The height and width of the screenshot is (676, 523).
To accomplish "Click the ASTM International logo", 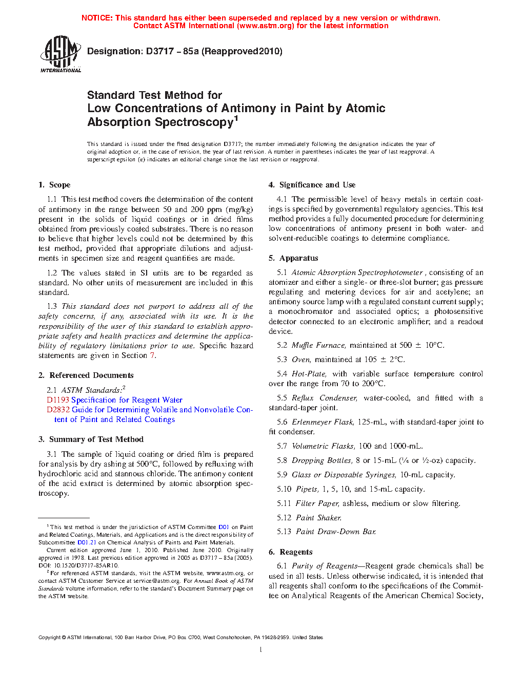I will coord(61,54).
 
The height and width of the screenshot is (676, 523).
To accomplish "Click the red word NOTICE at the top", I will coord(97,18).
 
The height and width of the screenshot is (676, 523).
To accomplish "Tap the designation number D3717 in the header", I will coord(159,51).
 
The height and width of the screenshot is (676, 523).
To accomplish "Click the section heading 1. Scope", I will coord(54,185).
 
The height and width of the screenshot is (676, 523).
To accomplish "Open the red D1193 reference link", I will coord(57,400).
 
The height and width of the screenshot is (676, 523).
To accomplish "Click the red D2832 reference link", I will coord(58,410).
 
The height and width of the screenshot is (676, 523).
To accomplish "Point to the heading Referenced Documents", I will coord(91,375).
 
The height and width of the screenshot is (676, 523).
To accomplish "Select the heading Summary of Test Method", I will coord(96,439).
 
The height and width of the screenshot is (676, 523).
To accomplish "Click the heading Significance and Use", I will coord(317,185).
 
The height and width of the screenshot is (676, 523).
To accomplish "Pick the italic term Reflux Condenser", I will coord(324,398).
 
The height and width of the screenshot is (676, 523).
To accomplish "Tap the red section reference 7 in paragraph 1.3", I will coord(152,355).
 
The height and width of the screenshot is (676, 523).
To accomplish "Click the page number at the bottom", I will coord(261,650).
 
